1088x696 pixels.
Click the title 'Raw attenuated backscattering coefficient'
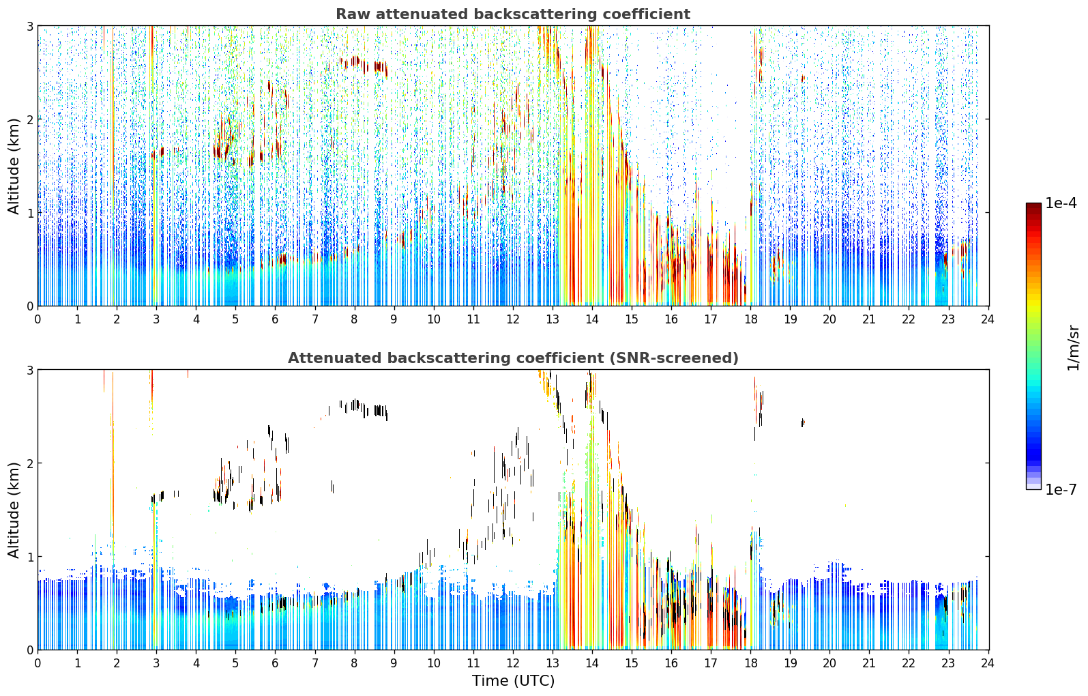pyautogui.click(x=513, y=14)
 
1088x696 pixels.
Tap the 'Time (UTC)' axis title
pyautogui.click(x=513, y=681)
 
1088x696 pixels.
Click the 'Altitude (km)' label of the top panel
pyautogui.click(x=14, y=166)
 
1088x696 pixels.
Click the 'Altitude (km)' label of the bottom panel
pyautogui.click(x=14, y=510)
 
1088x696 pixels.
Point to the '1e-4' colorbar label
pyautogui.click(x=1061, y=203)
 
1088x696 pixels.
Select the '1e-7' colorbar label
pyautogui.click(x=1061, y=489)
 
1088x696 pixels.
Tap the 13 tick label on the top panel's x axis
pyautogui.click(x=553, y=319)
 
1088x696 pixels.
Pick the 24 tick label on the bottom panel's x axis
pyautogui.click(x=988, y=663)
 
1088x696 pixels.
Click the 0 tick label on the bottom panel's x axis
pyautogui.click(x=38, y=663)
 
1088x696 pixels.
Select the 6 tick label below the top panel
pyautogui.click(x=276, y=319)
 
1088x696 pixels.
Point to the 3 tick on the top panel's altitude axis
pyautogui.click(x=29, y=26)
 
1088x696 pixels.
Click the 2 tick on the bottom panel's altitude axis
pyautogui.click(x=29, y=463)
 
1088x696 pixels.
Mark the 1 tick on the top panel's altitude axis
pyautogui.click(x=29, y=213)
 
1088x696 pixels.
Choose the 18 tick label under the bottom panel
pyautogui.click(x=750, y=663)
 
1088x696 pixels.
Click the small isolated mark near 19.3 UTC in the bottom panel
pyautogui.click(x=803, y=422)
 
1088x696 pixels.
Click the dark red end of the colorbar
pyautogui.click(x=1033, y=206)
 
